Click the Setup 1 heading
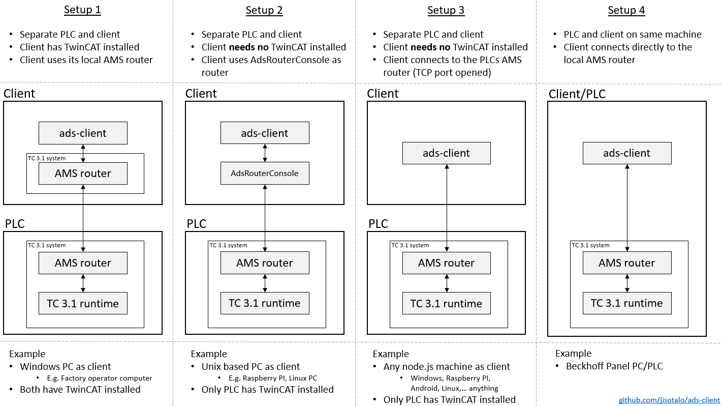click(x=82, y=10)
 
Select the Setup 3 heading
click(x=446, y=10)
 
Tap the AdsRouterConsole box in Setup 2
click(x=264, y=173)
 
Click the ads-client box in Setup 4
click(x=626, y=153)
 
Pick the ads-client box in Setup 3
click(x=446, y=153)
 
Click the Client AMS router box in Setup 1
click(x=83, y=173)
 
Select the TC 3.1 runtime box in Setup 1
click(x=83, y=304)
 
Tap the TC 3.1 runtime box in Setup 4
click(x=626, y=303)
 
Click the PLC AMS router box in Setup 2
click(x=264, y=263)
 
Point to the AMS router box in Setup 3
click(x=446, y=263)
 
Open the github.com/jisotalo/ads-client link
click(x=669, y=400)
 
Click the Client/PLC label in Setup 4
click(x=577, y=94)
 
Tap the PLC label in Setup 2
click(x=196, y=224)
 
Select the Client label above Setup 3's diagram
click(x=383, y=94)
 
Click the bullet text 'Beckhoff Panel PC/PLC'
click(x=614, y=366)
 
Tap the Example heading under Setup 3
click(x=390, y=354)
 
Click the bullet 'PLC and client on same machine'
click(x=632, y=35)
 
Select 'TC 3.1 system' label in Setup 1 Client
click(x=47, y=158)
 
